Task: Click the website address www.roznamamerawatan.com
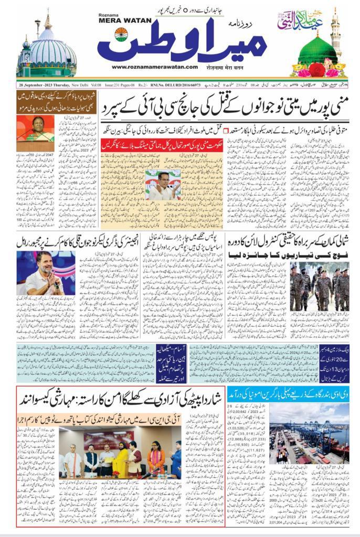click(154, 67)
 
